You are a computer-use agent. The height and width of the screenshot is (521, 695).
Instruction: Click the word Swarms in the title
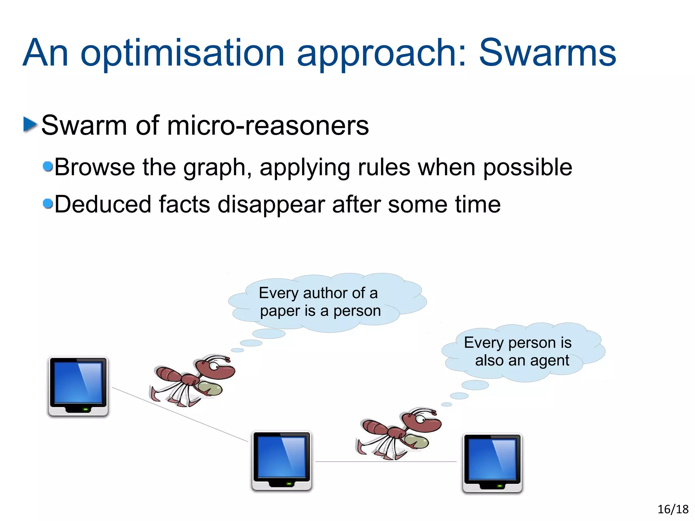click(547, 53)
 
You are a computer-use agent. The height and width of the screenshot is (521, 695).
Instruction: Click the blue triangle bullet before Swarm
click(30, 124)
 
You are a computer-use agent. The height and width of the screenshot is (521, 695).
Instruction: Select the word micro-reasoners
click(268, 126)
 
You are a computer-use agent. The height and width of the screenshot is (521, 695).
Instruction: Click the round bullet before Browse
click(48, 166)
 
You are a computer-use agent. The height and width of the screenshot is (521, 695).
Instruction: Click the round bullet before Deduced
click(48, 204)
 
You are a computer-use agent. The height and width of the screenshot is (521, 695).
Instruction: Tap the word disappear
click(271, 205)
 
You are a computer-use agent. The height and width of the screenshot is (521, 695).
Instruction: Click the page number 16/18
click(673, 509)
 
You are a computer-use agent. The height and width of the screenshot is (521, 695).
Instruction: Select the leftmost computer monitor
click(78, 386)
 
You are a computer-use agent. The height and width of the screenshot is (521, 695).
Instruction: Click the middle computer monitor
click(281, 460)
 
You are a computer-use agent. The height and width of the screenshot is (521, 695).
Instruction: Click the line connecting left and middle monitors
click(180, 414)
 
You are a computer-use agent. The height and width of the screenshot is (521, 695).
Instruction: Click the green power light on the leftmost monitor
click(86, 409)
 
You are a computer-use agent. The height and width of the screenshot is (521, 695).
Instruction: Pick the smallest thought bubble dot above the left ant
click(237, 350)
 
